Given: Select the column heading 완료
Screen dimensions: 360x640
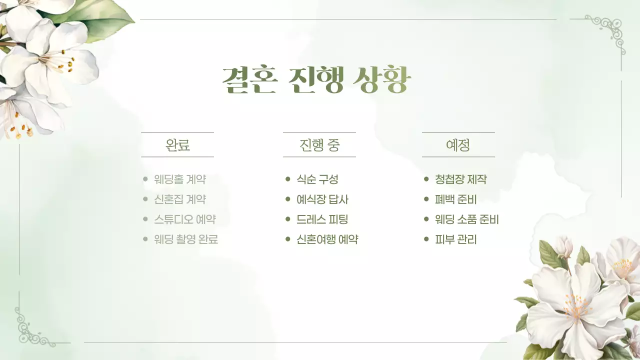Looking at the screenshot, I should [x=177, y=145].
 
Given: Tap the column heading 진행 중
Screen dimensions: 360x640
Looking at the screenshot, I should [x=319, y=145].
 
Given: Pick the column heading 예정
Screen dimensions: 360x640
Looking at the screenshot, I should [x=458, y=145].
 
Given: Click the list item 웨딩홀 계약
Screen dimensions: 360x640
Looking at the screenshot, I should [x=180, y=179].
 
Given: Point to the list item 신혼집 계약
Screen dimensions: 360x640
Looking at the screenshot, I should [x=180, y=199].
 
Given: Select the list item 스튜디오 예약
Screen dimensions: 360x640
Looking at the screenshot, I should [x=185, y=219].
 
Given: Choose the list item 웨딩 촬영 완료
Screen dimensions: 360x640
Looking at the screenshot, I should [x=186, y=239].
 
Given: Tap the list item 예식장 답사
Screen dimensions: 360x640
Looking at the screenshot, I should [x=322, y=199].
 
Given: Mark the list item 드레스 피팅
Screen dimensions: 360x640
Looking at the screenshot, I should [x=322, y=219].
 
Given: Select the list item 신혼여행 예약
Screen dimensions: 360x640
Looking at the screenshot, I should [x=327, y=239].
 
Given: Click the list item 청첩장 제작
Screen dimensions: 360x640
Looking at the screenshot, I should [x=460, y=179].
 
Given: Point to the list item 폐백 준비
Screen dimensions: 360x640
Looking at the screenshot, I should [x=455, y=199].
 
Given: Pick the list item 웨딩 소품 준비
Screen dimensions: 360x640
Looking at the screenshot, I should [x=467, y=219].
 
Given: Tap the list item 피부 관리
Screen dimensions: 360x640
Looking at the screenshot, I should [x=455, y=239].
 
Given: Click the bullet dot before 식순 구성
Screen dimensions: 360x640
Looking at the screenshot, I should [x=288, y=179].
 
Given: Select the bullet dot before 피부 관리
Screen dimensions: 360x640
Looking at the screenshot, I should [x=426, y=239].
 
